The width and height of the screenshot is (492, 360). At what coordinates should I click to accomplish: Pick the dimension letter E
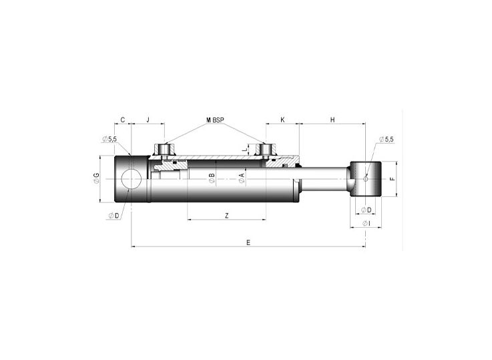248,242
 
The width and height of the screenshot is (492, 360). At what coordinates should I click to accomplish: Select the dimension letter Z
227,215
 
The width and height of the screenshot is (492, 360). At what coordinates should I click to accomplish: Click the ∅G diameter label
97,178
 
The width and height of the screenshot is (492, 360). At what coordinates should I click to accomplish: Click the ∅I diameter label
366,223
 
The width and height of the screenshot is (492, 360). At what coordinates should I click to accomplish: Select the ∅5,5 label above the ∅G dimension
109,139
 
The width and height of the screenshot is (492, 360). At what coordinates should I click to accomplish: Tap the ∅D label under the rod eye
366,210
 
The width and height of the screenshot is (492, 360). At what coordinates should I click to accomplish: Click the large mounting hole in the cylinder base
131,179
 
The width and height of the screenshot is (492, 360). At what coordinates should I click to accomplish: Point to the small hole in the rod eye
365,178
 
